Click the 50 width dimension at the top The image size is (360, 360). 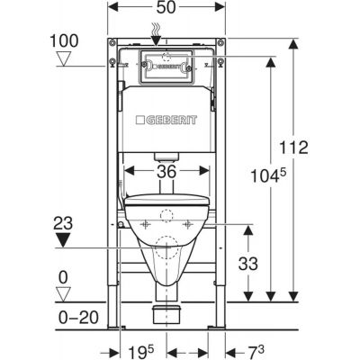click(166, 7)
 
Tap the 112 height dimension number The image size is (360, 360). click(293, 148)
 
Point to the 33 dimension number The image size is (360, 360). click(248, 264)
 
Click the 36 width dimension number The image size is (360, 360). click(166, 172)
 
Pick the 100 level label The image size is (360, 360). click(64, 40)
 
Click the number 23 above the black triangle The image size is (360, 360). click(63, 224)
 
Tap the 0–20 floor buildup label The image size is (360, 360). click(78, 318)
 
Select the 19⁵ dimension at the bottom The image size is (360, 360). click(141, 351)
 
